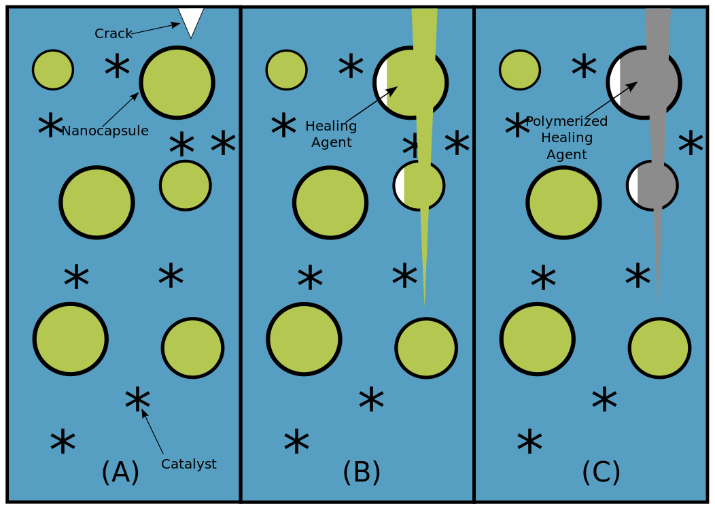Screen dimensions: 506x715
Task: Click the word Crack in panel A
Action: [x=113, y=33]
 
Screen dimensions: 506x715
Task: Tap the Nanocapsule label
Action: [x=105, y=131]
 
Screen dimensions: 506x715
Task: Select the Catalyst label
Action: [x=188, y=464]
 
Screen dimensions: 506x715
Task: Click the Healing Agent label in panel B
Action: [x=331, y=134]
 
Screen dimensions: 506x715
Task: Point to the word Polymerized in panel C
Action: [x=567, y=121]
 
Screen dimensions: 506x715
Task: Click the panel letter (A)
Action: [x=120, y=472]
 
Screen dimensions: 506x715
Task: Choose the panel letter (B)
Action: [x=362, y=472]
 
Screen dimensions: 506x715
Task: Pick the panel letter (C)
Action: [x=601, y=472]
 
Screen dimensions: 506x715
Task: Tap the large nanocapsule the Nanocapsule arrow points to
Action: [x=177, y=82]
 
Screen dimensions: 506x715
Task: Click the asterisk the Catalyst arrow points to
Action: [x=137, y=401]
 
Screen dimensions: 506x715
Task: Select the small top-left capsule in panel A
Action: [x=53, y=69]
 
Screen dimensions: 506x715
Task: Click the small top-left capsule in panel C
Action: [x=520, y=69]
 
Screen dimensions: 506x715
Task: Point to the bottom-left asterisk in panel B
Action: [x=296, y=442]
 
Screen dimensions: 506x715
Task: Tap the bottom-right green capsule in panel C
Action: [x=659, y=348]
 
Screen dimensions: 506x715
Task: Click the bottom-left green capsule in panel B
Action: [x=304, y=339]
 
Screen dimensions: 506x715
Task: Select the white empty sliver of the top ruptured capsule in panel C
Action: [x=615, y=82]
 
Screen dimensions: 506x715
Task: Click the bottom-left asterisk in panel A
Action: [x=63, y=442]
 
